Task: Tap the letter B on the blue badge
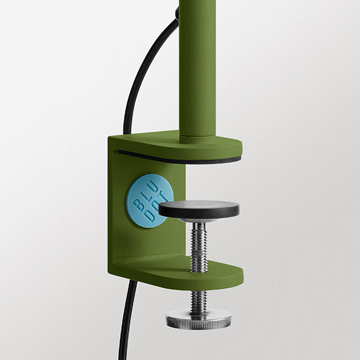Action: coord(138,203)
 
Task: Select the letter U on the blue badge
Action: coord(155,188)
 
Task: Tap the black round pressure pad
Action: coord(199,209)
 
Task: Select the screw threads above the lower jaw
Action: coord(199,247)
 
